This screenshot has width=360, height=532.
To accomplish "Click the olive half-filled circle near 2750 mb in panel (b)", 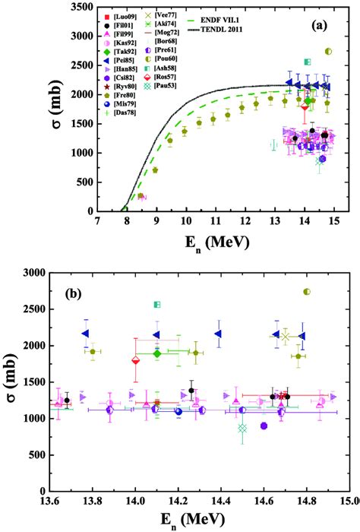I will pos(307,292).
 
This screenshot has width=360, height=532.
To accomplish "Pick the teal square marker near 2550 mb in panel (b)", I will pos(157,304).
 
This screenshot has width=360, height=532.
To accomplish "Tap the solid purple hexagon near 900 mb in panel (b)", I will pos(264,426).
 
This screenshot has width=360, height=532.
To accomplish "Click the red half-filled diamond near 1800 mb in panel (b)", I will pos(136,360).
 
